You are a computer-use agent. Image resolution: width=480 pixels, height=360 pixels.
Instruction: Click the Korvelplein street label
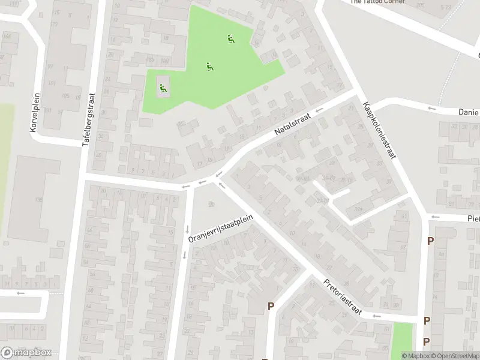tap(34, 113)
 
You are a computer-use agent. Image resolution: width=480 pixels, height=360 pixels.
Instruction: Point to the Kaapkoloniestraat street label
tap(379, 131)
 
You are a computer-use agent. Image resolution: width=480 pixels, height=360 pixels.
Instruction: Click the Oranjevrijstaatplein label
tap(220, 230)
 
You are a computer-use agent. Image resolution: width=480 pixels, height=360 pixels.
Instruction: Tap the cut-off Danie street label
tap(468, 112)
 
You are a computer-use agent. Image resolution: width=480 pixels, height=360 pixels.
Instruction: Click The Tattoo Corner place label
tap(378, 2)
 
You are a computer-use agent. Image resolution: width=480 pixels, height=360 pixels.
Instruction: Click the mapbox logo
tap(26, 353)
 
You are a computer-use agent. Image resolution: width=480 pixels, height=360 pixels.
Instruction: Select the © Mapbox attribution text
tap(415, 356)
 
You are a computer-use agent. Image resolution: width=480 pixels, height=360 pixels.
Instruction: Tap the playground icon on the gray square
tap(163, 89)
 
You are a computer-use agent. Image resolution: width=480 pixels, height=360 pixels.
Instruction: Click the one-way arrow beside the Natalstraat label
tap(319, 110)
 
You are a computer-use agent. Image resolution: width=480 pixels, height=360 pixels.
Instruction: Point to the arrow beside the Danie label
tap(431, 108)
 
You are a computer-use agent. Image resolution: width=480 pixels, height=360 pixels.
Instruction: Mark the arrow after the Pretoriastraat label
tap(376, 316)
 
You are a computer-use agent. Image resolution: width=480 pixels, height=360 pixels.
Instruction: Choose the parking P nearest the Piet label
tap(430, 241)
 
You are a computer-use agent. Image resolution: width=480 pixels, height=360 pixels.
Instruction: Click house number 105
tap(65, 96)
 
